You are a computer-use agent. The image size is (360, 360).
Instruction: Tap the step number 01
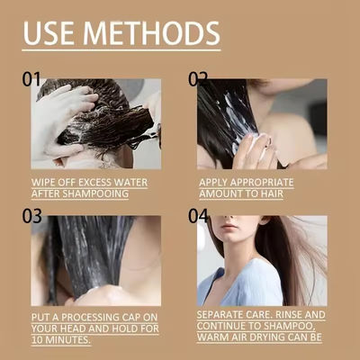pos(31,79)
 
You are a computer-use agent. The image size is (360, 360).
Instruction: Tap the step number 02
pos(198,79)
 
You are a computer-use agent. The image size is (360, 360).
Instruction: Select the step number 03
pos(31,216)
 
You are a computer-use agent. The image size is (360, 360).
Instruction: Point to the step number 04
pos(198,216)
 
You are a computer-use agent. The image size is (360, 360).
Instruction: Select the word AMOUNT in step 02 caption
pos(222,193)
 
